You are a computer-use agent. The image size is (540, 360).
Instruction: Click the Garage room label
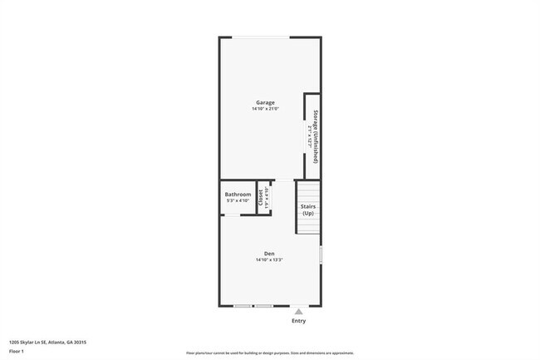265,103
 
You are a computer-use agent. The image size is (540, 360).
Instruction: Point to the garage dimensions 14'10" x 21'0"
265,110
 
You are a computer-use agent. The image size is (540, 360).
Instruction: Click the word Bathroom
238,194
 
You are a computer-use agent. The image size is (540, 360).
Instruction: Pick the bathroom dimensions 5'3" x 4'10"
238,200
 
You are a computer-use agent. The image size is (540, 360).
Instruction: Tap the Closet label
261,198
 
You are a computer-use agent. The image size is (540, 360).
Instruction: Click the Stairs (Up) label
308,210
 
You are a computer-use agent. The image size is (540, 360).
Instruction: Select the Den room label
269,254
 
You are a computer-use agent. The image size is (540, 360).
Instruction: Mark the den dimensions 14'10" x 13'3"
269,260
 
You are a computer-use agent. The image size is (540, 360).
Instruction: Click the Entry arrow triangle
298,310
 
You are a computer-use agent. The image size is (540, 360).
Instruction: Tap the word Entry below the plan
298,320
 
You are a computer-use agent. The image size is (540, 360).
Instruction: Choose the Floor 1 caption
17,352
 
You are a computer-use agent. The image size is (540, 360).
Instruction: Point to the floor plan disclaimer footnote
270,353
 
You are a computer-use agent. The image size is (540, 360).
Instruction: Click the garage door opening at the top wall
260,37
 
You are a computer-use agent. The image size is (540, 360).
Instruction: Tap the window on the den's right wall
321,254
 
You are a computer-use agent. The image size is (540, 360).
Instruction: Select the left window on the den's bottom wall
243,306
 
